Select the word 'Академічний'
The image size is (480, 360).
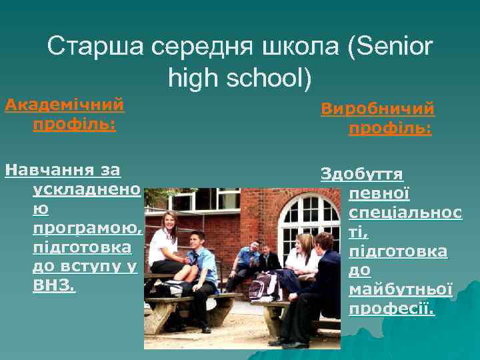[x=65, y=105]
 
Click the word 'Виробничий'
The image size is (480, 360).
[x=377, y=108]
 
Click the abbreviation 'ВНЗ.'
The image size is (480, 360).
[x=54, y=287]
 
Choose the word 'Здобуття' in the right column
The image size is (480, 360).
[x=362, y=174]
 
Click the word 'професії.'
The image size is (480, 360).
[x=391, y=309]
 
